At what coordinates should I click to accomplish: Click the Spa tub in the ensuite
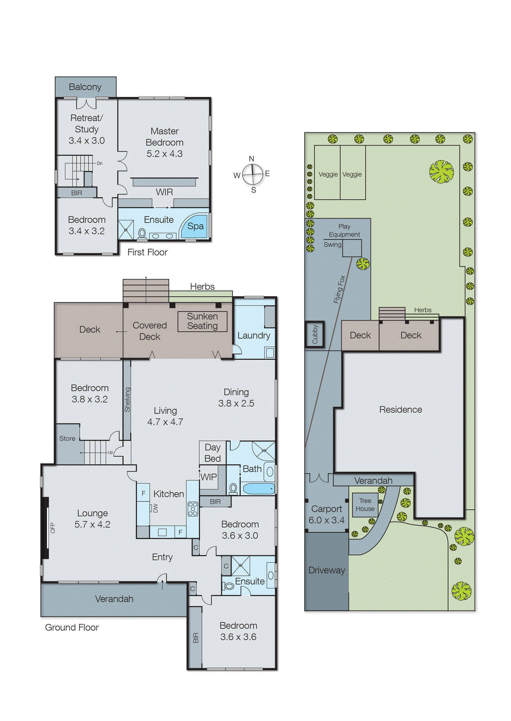195,226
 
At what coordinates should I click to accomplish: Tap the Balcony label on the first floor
85,87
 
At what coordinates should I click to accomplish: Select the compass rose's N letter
252,159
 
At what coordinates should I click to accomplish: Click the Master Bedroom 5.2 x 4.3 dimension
164,154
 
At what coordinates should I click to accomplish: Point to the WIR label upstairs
164,192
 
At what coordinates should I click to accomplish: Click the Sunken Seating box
202,321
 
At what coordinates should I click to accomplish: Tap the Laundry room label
253,336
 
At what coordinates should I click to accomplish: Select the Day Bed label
212,453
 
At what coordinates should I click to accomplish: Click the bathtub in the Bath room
258,488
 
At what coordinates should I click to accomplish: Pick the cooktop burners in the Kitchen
193,509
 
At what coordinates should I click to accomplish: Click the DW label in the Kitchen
156,508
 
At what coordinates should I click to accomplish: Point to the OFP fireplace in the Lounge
46,528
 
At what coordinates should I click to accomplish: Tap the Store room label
67,438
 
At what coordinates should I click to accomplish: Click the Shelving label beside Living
127,400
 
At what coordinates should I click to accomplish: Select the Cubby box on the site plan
315,334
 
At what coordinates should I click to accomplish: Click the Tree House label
365,505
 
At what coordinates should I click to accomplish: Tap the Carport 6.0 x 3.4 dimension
327,520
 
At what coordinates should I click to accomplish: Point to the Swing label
332,245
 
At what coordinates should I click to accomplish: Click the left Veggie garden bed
327,174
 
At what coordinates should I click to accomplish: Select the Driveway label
327,570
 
